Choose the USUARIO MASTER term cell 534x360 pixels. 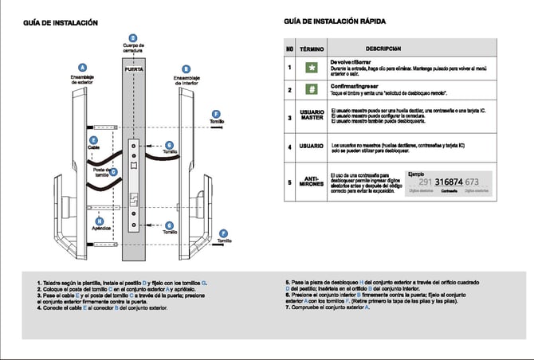click(x=312, y=117)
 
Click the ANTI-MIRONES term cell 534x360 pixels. click(x=312, y=182)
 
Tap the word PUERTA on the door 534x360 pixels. click(x=133, y=70)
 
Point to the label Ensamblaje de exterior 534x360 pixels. click(x=82, y=80)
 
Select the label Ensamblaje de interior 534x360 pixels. click(x=186, y=80)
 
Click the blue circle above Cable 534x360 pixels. click(x=94, y=139)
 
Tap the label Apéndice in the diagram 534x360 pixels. click(x=100, y=228)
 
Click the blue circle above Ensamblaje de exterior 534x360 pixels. click(x=82, y=67)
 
